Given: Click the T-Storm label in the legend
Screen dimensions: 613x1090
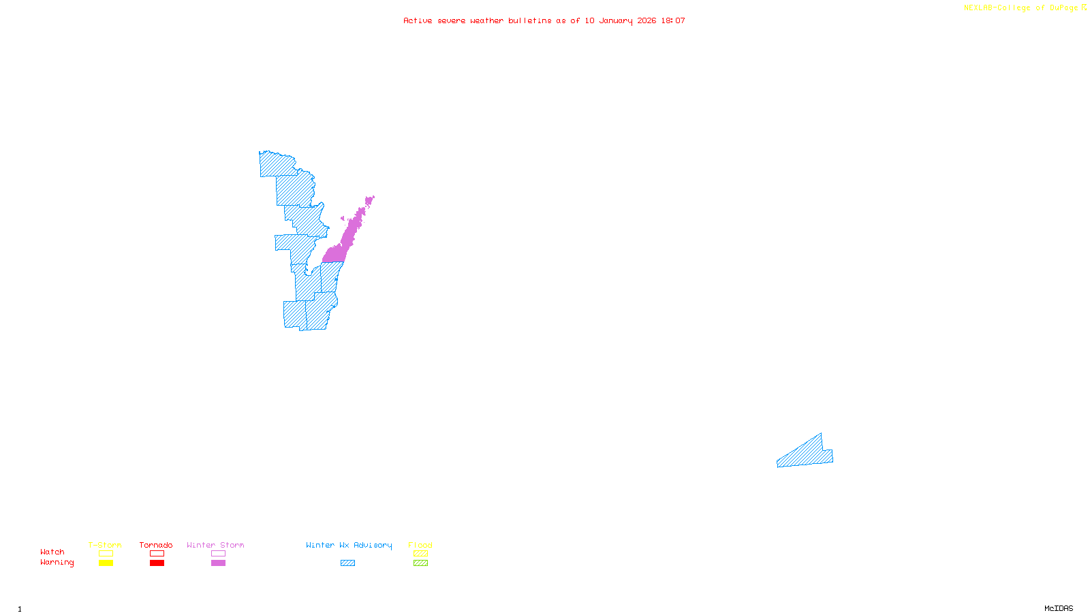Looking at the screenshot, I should [x=105, y=545].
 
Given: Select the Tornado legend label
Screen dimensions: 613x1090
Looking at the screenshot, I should [x=156, y=545].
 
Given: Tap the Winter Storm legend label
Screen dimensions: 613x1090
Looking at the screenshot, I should [x=215, y=545].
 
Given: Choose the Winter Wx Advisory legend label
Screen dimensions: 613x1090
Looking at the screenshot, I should [x=349, y=545].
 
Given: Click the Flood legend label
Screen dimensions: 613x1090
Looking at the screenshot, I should [x=420, y=545].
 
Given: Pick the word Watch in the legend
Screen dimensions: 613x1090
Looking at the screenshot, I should [x=52, y=552].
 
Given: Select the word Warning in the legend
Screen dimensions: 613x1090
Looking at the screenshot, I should [x=57, y=563].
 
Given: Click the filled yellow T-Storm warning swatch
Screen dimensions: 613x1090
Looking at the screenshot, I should [x=106, y=563].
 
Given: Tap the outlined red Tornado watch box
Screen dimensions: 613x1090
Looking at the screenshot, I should [x=157, y=554].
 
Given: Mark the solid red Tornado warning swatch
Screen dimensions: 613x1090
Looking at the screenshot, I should [x=157, y=563].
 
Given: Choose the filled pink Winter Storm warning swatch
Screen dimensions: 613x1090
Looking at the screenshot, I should [x=218, y=563].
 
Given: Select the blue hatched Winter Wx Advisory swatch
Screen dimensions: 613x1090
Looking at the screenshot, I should [x=347, y=563].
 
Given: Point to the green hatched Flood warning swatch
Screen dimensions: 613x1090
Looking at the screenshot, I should [x=420, y=563].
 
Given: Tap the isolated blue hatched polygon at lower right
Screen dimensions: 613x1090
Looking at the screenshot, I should [x=807, y=455].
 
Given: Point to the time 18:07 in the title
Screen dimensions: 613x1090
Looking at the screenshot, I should [x=673, y=20].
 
